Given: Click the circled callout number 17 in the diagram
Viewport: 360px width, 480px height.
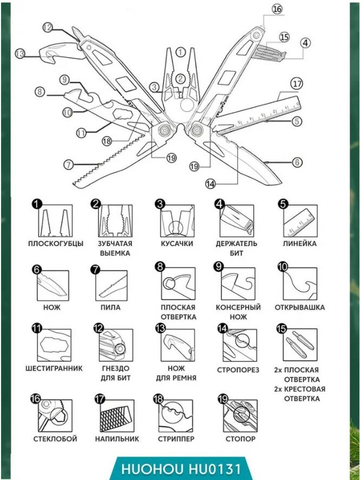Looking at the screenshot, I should pos(296,85).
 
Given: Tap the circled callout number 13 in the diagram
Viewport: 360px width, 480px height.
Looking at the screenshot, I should pos(20,53).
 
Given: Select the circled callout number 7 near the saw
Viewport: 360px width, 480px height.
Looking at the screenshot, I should pos(68,164).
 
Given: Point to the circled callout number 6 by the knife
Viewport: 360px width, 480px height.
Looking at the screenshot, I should pos(297,162).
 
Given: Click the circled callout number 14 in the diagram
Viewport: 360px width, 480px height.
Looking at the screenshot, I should pos(211,183).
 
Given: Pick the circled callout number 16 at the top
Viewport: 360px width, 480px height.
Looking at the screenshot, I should pos(277,9).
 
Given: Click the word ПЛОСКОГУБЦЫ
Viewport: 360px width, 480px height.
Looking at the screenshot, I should pos(56,244).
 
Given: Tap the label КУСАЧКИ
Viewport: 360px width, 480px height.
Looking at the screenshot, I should pos(177,244).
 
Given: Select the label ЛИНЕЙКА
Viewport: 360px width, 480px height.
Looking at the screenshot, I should pos(299,244).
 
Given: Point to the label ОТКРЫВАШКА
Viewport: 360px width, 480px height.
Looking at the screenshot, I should pos(299,307).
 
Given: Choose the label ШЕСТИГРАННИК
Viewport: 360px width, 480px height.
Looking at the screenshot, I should pos(54,368).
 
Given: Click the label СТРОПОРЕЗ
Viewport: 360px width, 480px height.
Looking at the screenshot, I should pos(238,370).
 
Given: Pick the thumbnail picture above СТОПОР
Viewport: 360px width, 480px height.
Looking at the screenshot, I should pos(240,414).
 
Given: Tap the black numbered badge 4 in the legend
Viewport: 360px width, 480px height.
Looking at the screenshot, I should pos(219,204).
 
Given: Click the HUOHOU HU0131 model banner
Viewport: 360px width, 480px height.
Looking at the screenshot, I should pos(180,468).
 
